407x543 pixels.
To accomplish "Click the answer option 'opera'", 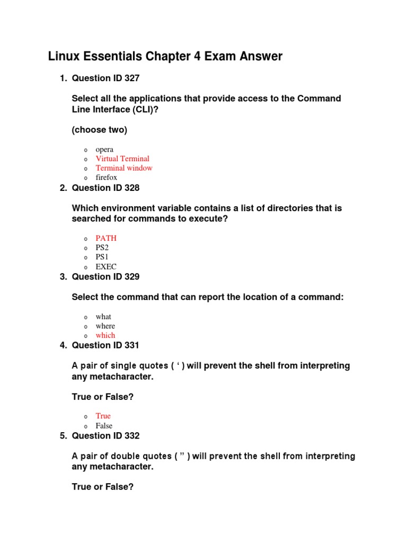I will (x=104, y=150).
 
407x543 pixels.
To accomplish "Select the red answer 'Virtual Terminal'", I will (x=122, y=159).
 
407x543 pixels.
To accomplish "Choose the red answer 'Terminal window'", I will (x=124, y=168).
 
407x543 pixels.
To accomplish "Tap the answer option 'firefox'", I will (x=106, y=178).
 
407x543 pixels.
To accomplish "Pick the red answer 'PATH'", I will (x=106, y=238).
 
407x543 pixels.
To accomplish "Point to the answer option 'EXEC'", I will (x=106, y=267).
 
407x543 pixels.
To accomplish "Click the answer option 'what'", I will (x=103, y=317).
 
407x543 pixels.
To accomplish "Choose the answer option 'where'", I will (x=105, y=326).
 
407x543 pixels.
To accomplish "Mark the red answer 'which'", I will (x=105, y=335).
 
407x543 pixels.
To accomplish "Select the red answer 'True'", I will (x=103, y=416).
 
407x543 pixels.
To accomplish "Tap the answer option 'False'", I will (x=104, y=426).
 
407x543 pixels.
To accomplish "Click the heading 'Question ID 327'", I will (x=105, y=78).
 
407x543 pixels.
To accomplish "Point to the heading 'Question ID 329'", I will (x=105, y=277).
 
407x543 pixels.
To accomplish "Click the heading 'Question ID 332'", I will (x=105, y=436).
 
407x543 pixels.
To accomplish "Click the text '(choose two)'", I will (x=99, y=129).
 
